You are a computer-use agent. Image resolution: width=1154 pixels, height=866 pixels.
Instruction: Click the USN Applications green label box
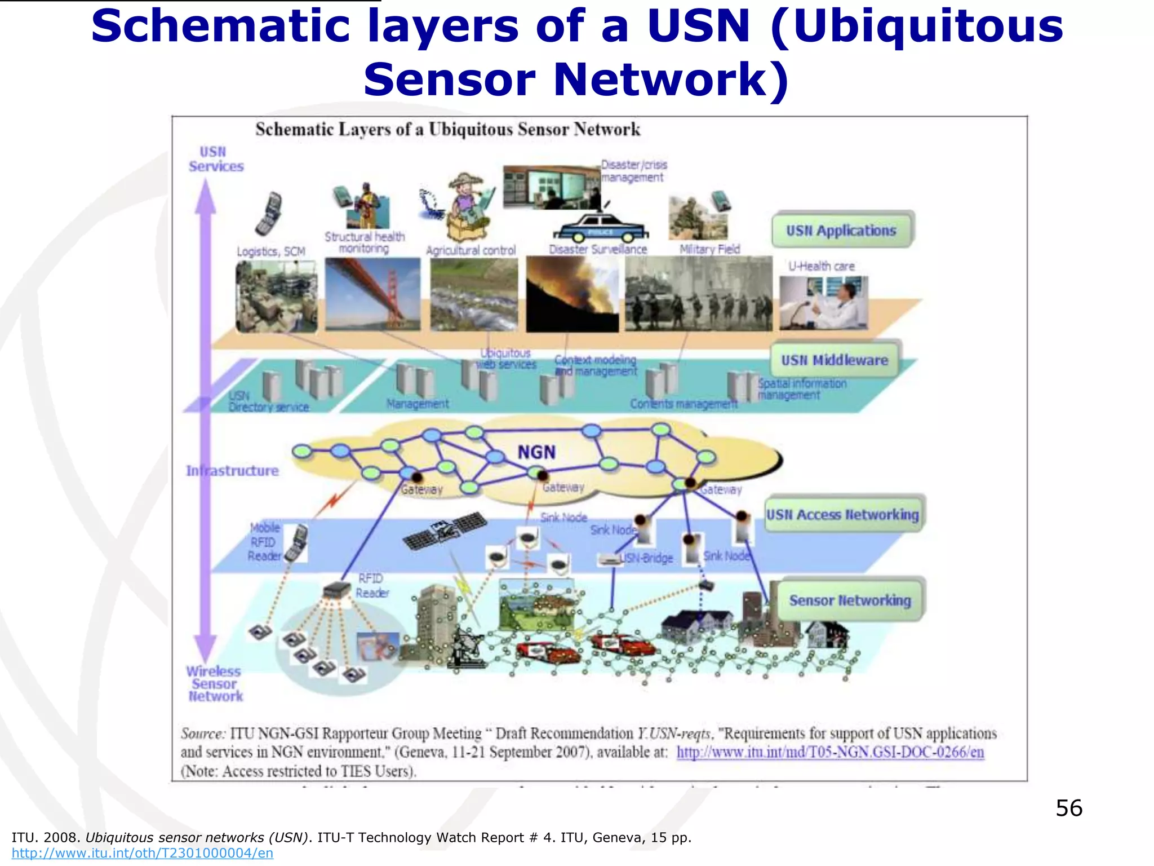pyautogui.click(x=841, y=230)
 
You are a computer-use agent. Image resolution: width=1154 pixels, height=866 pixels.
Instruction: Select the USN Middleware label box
pyautogui.click(x=835, y=360)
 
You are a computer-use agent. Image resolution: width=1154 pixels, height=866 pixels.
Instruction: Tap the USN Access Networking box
pyautogui.click(x=842, y=514)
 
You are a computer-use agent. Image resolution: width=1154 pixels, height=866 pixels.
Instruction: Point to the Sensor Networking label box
pyautogui.click(x=850, y=600)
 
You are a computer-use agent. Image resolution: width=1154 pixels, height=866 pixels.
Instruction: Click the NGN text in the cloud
pyautogui.click(x=536, y=452)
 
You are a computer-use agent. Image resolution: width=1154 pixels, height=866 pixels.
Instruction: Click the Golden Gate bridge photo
pyautogui.click(x=372, y=294)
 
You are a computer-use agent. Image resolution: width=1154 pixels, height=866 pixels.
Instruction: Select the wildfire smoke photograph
pyautogui.click(x=572, y=294)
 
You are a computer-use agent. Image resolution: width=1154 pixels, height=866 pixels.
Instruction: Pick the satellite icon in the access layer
pyautogui.click(x=445, y=530)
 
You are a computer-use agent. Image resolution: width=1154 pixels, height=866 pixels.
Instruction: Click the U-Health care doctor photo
pyautogui.click(x=823, y=303)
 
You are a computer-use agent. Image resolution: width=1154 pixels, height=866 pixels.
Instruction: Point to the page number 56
pyautogui.click(x=1068, y=808)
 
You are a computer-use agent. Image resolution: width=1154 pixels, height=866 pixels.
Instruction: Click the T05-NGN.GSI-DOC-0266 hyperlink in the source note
pyautogui.click(x=830, y=752)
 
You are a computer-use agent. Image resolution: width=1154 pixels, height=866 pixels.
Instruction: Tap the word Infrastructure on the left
pyautogui.click(x=232, y=471)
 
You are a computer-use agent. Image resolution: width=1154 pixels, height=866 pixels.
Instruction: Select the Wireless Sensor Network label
pyautogui.click(x=214, y=683)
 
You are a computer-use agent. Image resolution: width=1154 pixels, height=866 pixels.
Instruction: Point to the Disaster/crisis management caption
pyautogui.click(x=634, y=171)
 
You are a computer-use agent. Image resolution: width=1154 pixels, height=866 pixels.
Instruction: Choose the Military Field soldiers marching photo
pyautogui.click(x=699, y=294)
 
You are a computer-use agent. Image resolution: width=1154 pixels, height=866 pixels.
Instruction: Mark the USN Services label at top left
pyautogui.click(x=216, y=159)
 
